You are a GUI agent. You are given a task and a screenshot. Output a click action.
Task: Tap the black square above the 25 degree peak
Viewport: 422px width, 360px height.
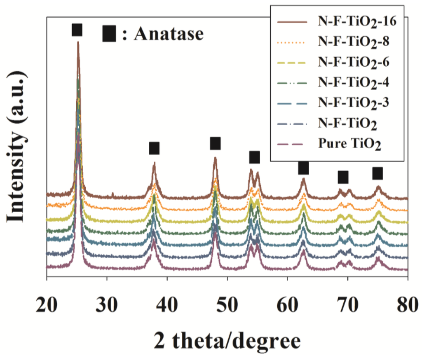click(77, 30)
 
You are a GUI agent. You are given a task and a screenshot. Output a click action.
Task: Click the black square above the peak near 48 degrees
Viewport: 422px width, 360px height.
click(215, 143)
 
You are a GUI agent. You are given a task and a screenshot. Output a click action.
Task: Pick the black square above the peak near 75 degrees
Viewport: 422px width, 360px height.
click(377, 173)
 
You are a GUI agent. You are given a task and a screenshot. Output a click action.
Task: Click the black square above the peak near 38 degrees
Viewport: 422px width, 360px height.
click(154, 148)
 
